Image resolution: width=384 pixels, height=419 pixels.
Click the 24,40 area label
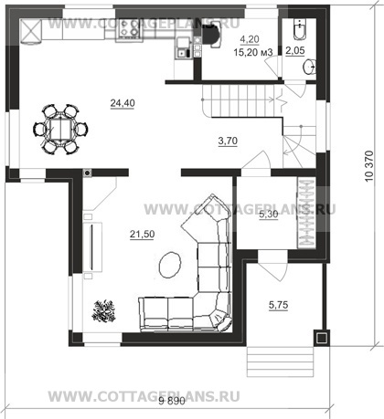[123, 103]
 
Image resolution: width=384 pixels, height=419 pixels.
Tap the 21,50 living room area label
[143, 235]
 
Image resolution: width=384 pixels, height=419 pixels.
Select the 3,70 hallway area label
[228, 141]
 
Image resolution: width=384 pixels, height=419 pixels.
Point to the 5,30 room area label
[269, 215]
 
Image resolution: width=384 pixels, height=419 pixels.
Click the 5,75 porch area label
[279, 305]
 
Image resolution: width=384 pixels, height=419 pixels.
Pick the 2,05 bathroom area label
[295, 50]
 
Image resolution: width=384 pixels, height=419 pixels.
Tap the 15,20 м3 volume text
[253, 52]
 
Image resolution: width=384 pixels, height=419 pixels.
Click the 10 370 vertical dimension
[369, 166]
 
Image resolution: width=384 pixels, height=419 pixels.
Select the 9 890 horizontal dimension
[172, 401]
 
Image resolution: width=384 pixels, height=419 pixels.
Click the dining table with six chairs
[60, 129]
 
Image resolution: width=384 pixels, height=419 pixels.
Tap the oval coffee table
[170, 265]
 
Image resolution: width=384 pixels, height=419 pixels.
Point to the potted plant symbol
[104, 310]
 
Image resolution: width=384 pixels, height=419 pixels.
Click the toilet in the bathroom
[301, 29]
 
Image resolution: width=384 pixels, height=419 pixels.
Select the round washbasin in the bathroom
[309, 67]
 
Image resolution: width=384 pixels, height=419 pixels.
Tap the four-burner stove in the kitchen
[128, 29]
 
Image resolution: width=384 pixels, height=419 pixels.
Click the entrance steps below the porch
[280, 361]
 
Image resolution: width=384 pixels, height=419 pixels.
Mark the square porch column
[321, 338]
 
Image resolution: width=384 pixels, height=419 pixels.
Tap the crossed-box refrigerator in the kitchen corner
[30, 30]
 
